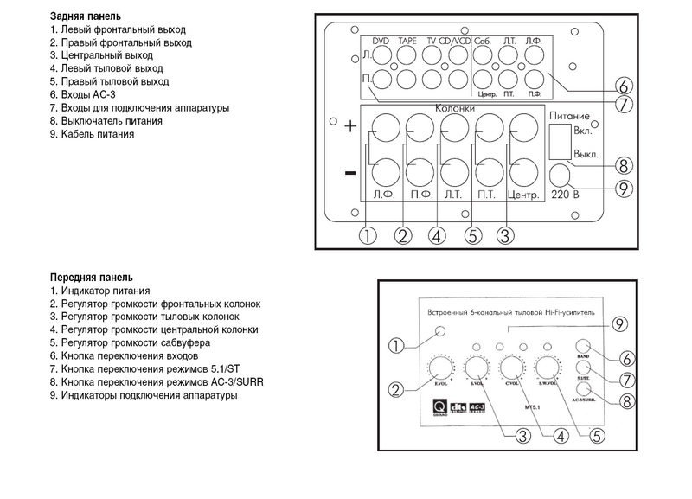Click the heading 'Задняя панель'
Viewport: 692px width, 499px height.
pos(86,16)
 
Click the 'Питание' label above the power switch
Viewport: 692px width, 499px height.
pos(568,115)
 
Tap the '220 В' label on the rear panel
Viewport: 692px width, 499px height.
pos(565,194)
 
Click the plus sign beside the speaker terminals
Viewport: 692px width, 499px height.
pos(350,126)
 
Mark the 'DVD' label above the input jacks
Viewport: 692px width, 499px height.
pos(381,41)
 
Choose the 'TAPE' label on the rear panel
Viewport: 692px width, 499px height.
pos(407,41)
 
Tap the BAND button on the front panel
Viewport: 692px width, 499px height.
pos(582,344)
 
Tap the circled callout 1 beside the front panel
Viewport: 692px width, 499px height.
pos(397,346)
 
